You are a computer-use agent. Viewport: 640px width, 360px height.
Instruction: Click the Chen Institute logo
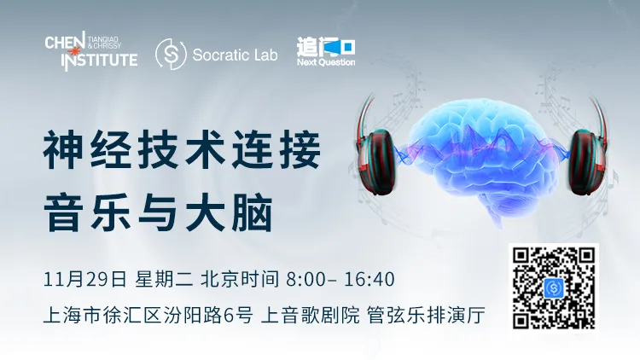(91, 51)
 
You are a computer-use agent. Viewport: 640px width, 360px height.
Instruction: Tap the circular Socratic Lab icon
(171, 54)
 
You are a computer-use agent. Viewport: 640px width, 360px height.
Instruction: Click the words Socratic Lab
(235, 55)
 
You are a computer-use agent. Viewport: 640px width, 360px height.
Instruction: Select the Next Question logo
(326, 52)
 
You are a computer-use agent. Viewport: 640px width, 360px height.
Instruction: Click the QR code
(554, 287)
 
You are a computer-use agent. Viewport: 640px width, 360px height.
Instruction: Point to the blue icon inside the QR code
(554, 288)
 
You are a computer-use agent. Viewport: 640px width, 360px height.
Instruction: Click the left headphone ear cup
(375, 161)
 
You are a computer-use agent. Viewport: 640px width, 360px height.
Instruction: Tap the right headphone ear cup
(586, 161)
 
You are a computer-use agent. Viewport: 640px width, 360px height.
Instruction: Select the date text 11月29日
(84, 280)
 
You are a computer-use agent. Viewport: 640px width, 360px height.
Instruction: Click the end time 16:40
(369, 280)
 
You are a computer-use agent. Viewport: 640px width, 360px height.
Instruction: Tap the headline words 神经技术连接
(182, 150)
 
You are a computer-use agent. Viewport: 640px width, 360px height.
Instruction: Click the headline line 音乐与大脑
(158, 213)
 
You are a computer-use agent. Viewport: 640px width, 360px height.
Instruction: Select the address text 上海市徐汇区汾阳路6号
(148, 315)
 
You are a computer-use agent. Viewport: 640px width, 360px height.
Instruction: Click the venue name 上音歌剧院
(311, 315)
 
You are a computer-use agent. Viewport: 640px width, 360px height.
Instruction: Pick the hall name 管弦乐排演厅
(426, 315)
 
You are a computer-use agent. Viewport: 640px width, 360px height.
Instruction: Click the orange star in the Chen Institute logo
(75, 51)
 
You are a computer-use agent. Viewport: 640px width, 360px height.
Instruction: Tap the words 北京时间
(240, 280)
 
